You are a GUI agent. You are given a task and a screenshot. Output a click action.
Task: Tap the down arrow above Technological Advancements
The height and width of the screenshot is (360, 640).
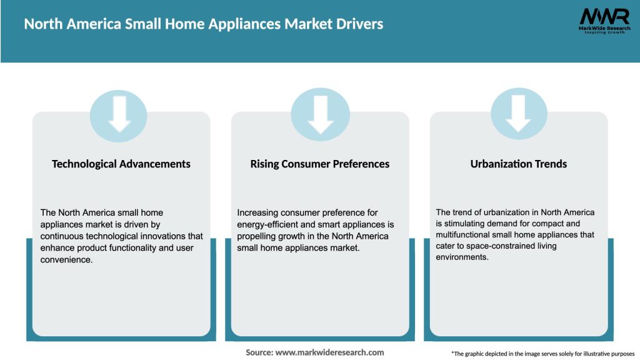click(119, 113)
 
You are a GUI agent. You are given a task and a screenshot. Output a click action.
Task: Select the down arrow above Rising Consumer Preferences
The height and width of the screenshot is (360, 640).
click(320, 113)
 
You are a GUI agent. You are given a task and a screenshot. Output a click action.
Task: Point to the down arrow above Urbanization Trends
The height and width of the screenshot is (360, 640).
click(519, 113)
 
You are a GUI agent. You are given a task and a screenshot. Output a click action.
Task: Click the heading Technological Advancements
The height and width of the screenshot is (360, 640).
click(121, 164)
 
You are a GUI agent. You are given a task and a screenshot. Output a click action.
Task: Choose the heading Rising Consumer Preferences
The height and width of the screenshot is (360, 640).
click(320, 164)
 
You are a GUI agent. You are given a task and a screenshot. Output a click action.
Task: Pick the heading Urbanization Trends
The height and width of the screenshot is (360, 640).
click(519, 164)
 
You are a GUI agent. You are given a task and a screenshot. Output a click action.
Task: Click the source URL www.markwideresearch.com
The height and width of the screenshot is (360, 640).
click(329, 352)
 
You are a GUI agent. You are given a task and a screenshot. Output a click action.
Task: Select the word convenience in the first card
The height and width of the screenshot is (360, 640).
click(66, 260)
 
